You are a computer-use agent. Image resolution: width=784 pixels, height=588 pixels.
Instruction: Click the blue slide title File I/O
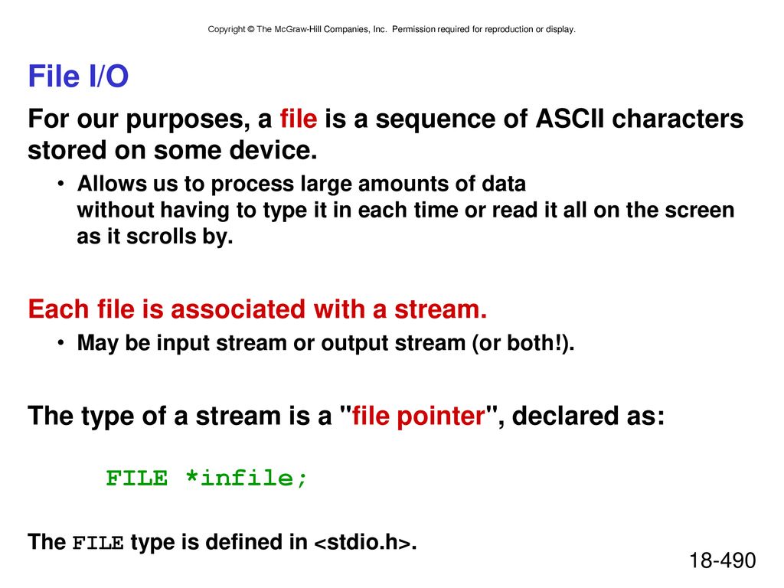pos(78,76)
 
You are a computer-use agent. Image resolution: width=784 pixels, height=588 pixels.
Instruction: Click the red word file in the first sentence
pos(299,119)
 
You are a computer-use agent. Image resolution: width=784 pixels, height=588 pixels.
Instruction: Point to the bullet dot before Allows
pos(60,184)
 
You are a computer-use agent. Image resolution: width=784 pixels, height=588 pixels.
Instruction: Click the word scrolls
pos(161,237)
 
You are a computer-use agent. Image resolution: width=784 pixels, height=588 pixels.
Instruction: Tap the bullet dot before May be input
pos(60,343)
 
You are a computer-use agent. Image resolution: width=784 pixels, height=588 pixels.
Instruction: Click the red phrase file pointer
pos(419,416)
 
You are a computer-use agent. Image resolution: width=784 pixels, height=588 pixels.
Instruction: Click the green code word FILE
pos(136,479)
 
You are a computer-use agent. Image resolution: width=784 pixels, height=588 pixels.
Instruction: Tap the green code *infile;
pos(246,479)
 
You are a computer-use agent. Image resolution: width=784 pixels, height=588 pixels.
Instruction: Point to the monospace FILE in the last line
pos(98,544)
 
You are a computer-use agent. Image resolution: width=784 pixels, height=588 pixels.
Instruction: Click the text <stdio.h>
pos(363,543)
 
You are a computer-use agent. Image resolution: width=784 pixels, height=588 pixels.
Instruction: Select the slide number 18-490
pos(723,560)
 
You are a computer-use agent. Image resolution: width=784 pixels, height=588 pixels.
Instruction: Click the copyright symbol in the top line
pos(250,30)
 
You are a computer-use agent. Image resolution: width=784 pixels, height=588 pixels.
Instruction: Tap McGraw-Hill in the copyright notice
pos(298,30)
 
